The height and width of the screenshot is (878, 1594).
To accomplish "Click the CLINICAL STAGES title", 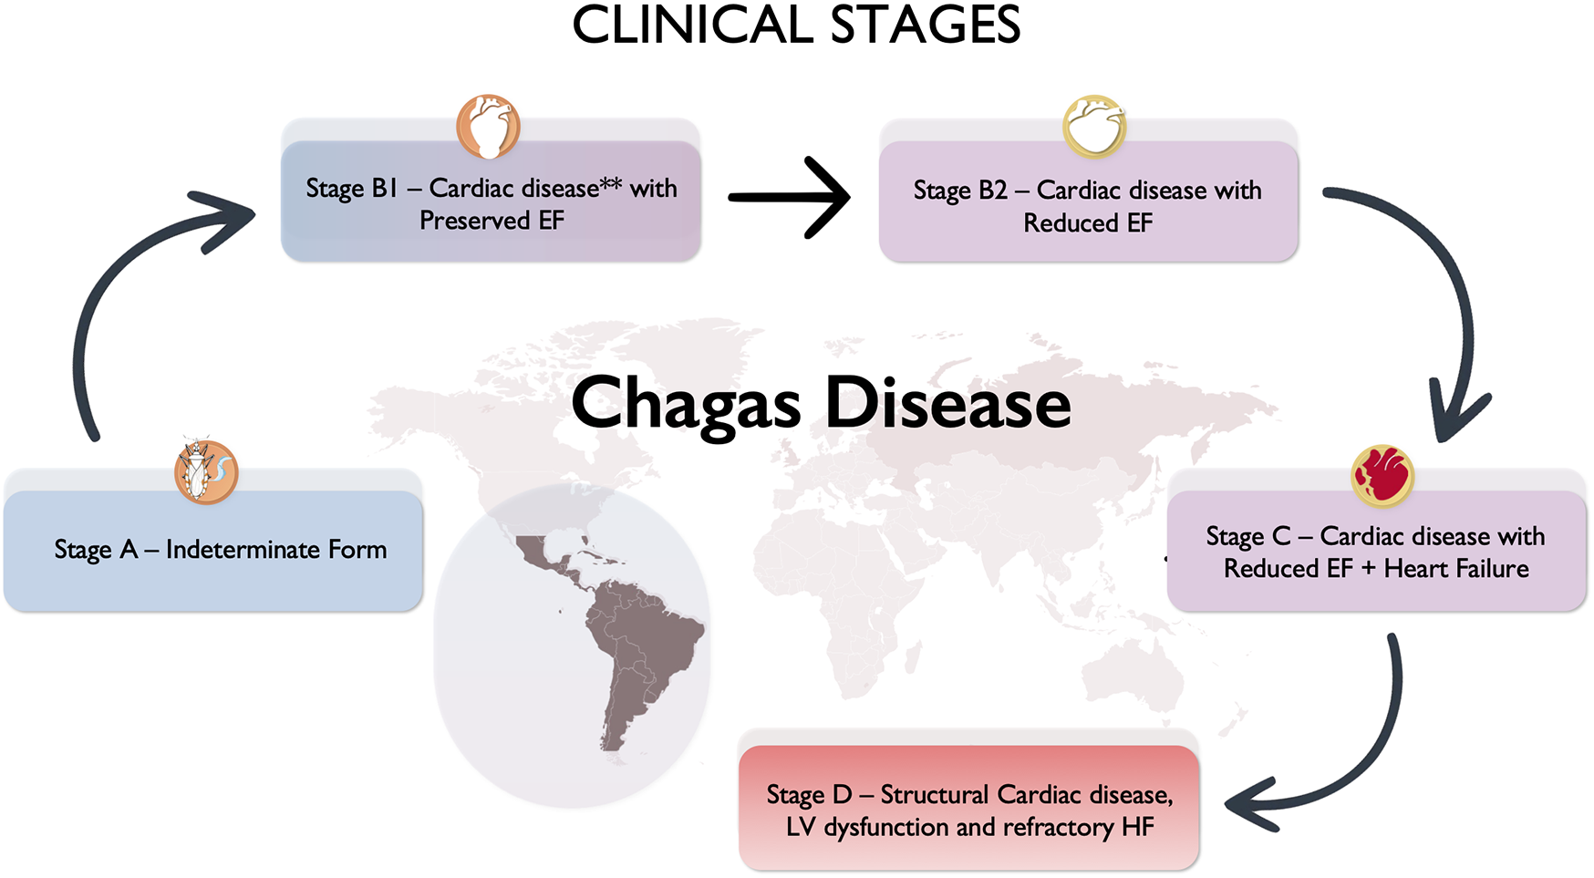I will [x=796, y=26].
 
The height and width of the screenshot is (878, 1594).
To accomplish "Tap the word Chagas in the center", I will [x=686, y=404].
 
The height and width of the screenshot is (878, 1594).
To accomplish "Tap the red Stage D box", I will [x=968, y=810].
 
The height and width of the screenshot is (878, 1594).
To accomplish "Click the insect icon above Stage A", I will [x=206, y=471].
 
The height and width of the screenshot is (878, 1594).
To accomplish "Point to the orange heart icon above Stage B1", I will [x=488, y=126].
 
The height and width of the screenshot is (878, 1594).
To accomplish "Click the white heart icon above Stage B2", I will [x=1094, y=126].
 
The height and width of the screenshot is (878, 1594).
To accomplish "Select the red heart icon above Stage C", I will [x=1382, y=475].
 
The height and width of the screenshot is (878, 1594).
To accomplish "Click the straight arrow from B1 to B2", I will [x=790, y=197].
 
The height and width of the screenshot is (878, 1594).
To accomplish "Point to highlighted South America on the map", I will [x=638, y=647].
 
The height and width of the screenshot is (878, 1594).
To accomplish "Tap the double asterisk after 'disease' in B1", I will [x=611, y=183].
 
